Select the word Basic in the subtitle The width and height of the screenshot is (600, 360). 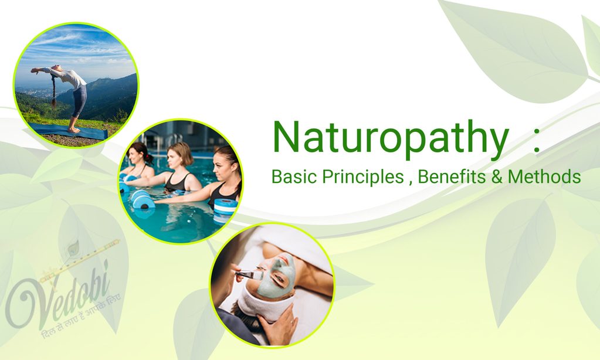(x=294, y=176)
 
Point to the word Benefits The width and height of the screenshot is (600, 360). (x=449, y=176)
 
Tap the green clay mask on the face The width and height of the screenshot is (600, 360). (x=274, y=276)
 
